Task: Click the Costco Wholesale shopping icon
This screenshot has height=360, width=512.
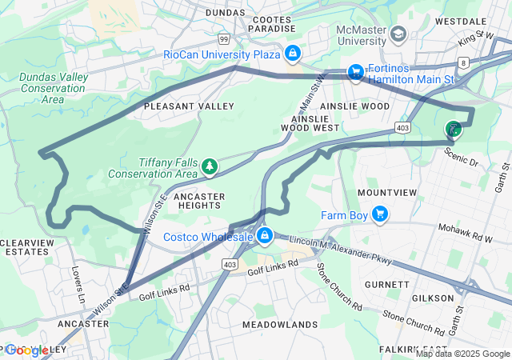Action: pyautogui.click(x=262, y=237)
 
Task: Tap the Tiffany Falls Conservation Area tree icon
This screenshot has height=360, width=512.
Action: pyautogui.click(x=210, y=166)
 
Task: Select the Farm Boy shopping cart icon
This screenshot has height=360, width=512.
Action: pyautogui.click(x=380, y=214)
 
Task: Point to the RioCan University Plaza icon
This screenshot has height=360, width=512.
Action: pyautogui.click(x=293, y=54)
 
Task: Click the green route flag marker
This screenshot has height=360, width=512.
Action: pyautogui.click(x=454, y=129)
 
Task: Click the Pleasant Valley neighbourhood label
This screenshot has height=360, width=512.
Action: pyautogui.click(x=189, y=106)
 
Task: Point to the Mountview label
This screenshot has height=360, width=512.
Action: pyautogui.click(x=387, y=193)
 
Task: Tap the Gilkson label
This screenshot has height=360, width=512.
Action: pyautogui.click(x=432, y=298)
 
